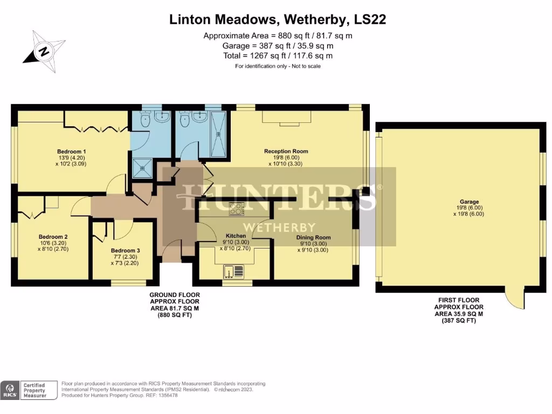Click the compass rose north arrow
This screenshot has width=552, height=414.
(44, 52)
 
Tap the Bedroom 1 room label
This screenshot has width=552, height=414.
(72, 151)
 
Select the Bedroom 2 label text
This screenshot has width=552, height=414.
(53, 237)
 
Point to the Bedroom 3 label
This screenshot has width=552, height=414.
(125, 251)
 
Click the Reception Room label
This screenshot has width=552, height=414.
(286, 151)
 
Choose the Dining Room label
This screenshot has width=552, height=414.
(313, 237)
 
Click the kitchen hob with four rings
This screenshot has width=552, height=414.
(236, 209)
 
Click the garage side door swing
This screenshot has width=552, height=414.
(515, 299)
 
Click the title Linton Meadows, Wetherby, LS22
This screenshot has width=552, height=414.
(278, 20)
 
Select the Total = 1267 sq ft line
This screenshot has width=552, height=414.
(278, 56)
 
